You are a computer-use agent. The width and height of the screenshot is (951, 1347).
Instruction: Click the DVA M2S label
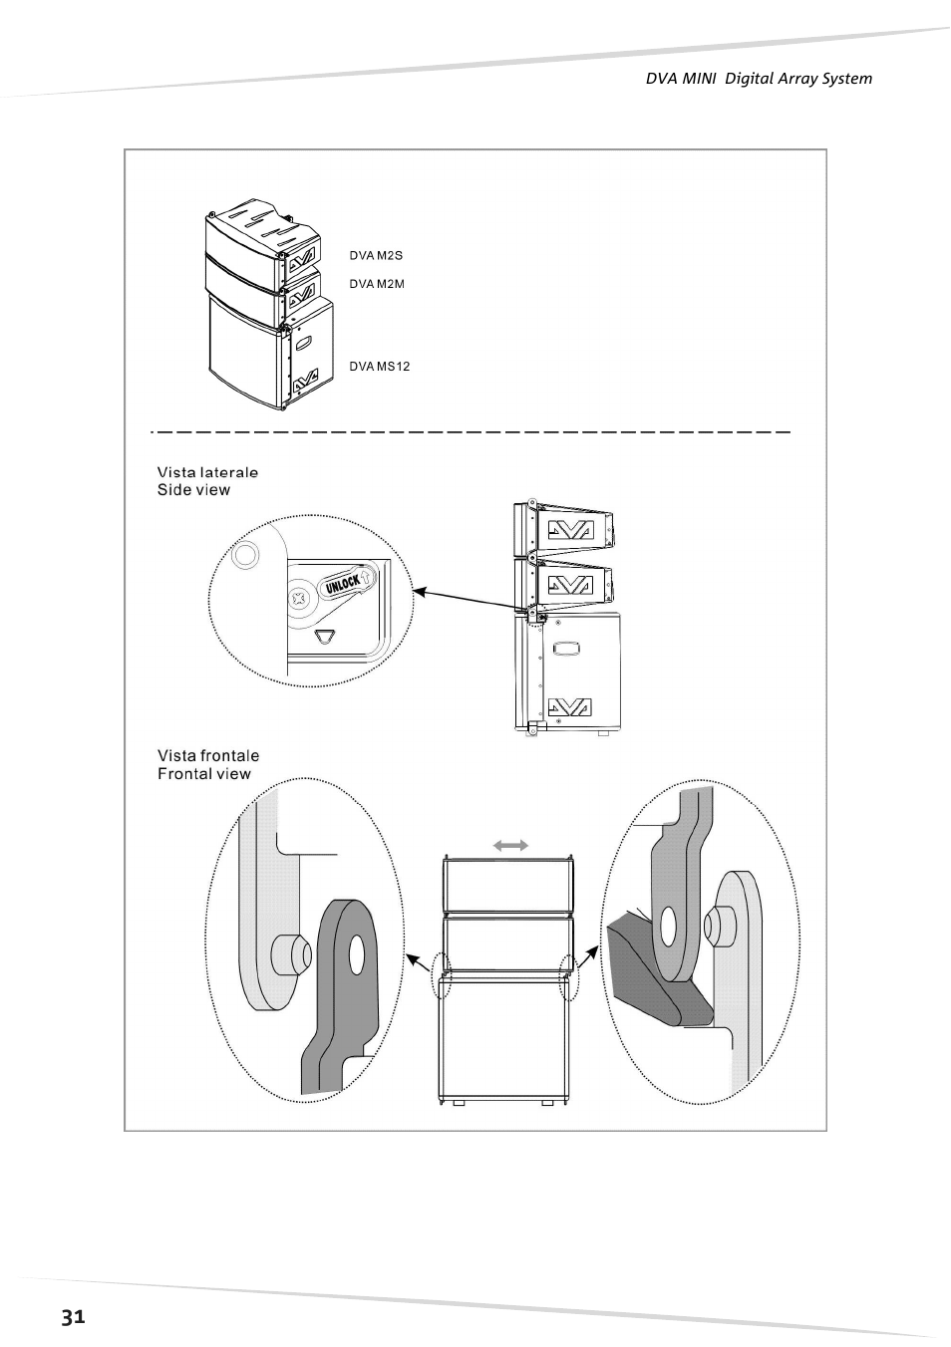(376, 256)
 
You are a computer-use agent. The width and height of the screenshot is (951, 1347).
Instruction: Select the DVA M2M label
(377, 284)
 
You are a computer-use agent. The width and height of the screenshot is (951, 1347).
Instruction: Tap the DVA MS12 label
(380, 367)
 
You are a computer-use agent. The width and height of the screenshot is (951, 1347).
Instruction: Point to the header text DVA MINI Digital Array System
(760, 79)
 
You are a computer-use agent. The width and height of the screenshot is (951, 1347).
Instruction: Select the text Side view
(193, 489)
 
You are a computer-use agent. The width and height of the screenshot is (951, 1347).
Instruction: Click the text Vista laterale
(207, 472)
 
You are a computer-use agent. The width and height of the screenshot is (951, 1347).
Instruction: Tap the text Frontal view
(204, 773)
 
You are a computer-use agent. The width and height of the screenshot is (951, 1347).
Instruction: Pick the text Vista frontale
(208, 756)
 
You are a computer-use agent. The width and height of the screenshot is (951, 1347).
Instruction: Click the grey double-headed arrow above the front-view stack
(510, 846)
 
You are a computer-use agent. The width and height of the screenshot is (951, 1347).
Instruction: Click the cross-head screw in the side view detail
(299, 599)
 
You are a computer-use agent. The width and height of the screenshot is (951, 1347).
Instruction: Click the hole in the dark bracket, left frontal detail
(357, 954)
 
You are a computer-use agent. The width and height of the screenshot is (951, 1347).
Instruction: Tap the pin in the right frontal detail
(716, 928)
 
